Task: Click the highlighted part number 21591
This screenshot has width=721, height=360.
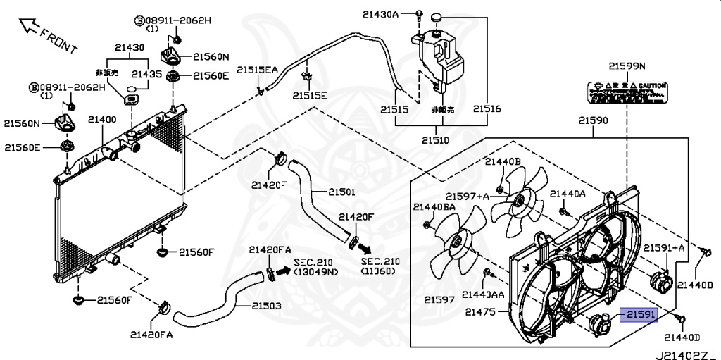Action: coord(638,316)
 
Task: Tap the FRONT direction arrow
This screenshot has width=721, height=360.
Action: coord(28,27)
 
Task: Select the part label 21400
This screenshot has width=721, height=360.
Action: coord(102,121)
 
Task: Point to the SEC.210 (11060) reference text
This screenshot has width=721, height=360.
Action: coord(380,266)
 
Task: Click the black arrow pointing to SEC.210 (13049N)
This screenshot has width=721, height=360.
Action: coord(282,267)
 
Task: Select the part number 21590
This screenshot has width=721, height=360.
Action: coord(593,120)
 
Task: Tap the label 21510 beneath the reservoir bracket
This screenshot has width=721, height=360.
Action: coord(434,140)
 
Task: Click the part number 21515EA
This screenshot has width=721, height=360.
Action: coord(257,70)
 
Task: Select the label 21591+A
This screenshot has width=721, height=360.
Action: coord(663,247)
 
